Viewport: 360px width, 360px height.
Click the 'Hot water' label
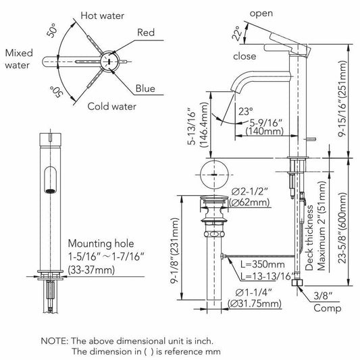pyautogui.click(x=103, y=16)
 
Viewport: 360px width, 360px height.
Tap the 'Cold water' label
pyautogui.click(x=112, y=107)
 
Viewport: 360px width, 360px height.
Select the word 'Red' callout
pyautogui.click(x=146, y=32)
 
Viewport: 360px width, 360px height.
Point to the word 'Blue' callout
pyautogui.click(x=145, y=88)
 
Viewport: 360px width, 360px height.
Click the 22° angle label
pyautogui.click(x=237, y=33)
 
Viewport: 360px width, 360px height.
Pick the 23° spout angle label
pyautogui.click(x=245, y=111)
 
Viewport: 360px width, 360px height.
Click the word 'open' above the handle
pyautogui.click(x=261, y=14)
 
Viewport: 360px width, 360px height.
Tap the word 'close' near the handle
pyautogui.click(x=245, y=56)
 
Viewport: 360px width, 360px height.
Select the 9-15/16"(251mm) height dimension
pyautogui.click(x=342, y=99)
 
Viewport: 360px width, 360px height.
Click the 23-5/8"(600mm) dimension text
pyautogui.click(x=342, y=228)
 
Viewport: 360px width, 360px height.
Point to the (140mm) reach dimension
pyautogui.click(x=265, y=132)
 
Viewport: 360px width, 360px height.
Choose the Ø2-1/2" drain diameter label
pyautogui.click(x=250, y=191)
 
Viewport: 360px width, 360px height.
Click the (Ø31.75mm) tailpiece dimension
pyautogui.click(x=255, y=303)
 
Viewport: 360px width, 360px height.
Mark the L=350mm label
pyautogui.click(x=263, y=265)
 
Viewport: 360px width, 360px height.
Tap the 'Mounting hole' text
pyautogui.click(x=101, y=244)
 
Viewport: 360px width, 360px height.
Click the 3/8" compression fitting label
pyautogui.click(x=323, y=296)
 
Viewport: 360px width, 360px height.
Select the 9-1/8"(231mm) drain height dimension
pyautogui.click(x=175, y=251)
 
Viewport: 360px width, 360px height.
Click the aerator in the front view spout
pyautogui.click(x=50, y=191)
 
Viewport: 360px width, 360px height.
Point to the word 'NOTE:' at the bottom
pyautogui.click(x=55, y=341)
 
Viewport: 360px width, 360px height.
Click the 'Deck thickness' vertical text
pyautogui.click(x=309, y=238)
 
